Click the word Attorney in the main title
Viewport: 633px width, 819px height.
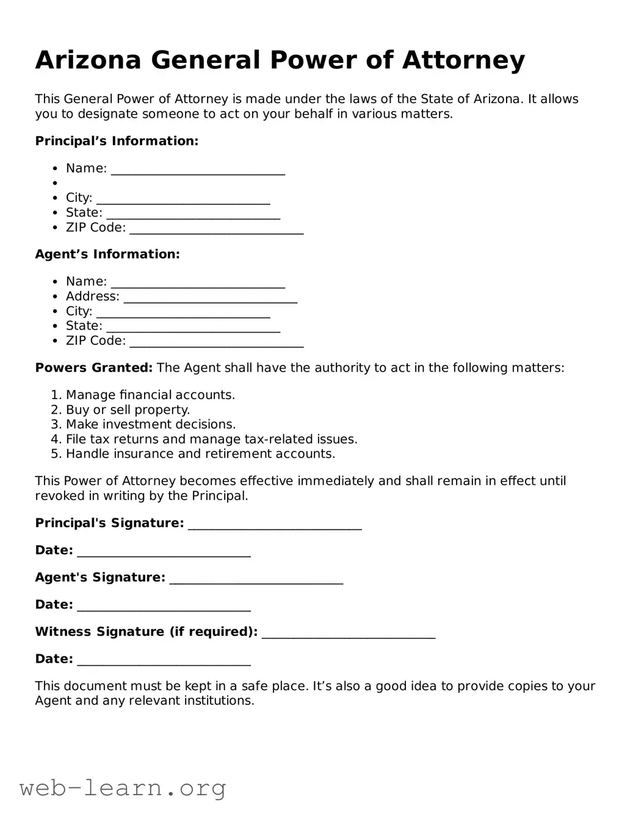point(463,60)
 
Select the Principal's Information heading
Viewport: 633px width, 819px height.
point(117,141)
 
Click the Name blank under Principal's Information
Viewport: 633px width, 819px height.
point(198,170)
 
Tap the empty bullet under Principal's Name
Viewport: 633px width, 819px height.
point(55,183)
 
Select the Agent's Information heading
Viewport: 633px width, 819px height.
point(107,254)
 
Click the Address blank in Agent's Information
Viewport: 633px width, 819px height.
point(210,297)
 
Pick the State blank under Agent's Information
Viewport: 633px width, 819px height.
point(193,327)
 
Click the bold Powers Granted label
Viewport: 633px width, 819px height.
point(93,367)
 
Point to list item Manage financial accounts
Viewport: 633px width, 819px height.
point(150,395)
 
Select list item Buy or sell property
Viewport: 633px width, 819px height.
point(128,409)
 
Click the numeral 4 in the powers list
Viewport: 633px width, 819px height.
point(54,439)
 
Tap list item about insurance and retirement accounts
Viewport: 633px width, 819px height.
point(200,454)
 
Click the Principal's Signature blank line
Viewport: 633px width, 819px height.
point(275,524)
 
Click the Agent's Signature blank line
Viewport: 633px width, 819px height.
point(256,579)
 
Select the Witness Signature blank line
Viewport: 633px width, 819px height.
point(348,633)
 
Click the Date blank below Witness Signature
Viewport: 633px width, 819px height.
point(164,660)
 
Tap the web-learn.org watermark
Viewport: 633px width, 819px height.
point(123,788)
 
